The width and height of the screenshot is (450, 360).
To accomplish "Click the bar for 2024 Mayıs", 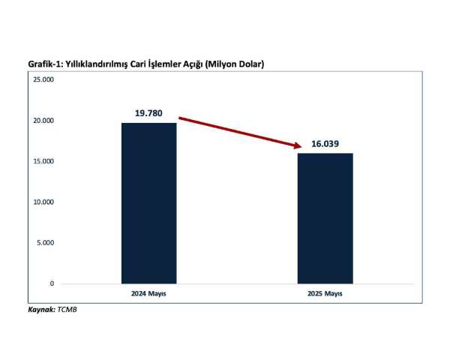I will coord(148,202).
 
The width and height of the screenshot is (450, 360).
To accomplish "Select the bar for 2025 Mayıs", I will coord(325,217).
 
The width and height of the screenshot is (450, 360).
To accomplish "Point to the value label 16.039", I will coord(325,144).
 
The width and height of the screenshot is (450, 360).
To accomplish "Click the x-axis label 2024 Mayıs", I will coord(148,293).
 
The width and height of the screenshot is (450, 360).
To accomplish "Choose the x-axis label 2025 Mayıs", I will coord(325,293).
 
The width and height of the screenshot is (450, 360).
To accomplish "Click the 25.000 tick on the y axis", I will coord(43,79).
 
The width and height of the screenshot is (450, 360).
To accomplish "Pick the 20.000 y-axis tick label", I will coord(43,121).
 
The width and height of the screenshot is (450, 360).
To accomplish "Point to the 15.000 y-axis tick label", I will coord(43,161).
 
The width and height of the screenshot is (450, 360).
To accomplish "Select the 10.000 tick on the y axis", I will coord(43,202).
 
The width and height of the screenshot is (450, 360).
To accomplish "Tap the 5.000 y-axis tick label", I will coord(45,243).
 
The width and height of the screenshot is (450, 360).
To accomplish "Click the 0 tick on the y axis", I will coord(52,283).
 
